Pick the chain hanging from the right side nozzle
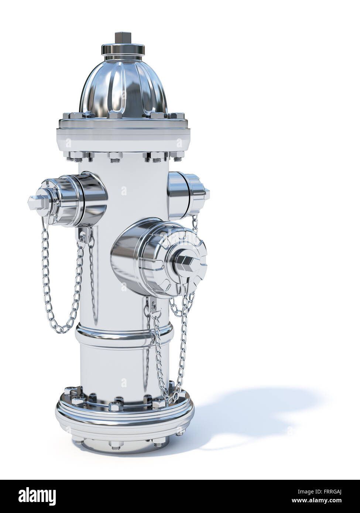[192, 295]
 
